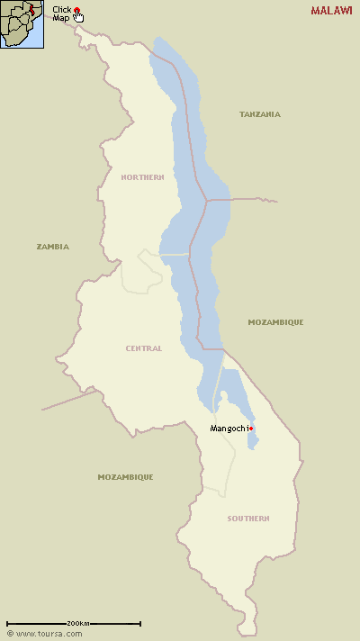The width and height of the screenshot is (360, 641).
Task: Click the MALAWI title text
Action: pos(331,11)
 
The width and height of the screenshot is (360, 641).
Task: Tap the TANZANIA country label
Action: pos(259,114)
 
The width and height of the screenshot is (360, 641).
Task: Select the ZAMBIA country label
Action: pos(52,246)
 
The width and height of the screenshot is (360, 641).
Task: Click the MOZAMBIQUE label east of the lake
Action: pos(275,321)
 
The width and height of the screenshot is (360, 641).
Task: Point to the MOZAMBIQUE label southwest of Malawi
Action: pos(125,476)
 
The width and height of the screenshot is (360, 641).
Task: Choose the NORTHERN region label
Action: pos(142,177)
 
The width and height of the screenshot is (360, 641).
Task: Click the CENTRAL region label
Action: pos(144,348)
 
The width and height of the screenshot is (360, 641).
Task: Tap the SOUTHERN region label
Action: pos(247,519)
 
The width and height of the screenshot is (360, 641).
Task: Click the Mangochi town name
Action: pos(228,428)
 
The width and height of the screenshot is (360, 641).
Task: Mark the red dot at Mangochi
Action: pos(251,429)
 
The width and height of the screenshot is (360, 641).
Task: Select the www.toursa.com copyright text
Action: pos(40,634)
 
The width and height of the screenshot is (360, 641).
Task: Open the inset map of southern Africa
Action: pos(22,24)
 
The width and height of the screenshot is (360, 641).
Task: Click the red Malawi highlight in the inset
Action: pos(34,10)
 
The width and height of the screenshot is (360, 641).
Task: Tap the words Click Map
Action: pos(61,14)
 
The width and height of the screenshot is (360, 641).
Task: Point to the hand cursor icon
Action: pos(79,16)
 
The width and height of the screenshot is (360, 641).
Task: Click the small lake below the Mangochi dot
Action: pos(254,440)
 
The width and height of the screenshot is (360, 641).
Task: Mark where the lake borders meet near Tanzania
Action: pos(207,200)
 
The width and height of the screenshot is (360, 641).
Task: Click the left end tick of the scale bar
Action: pos(7,623)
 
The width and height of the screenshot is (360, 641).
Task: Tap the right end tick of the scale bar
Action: pos(140,623)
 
